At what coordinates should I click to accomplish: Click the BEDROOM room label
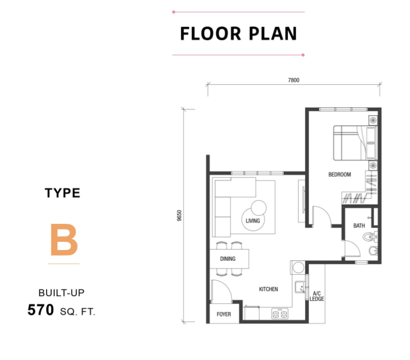(339, 174)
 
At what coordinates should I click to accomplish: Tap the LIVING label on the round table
(253, 221)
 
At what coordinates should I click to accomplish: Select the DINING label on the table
(227, 259)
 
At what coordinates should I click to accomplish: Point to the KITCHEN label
(268, 289)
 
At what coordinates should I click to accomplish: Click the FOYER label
(224, 314)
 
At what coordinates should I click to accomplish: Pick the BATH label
(359, 226)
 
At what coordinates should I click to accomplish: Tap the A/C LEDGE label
(316, 296)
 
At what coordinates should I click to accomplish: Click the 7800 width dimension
(293, 80)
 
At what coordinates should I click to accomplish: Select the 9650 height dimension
(179, 216)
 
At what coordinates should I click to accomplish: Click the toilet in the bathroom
(370, 237)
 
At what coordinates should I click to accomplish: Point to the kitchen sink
(300, 287)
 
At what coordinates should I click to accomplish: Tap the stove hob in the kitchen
(280, 313)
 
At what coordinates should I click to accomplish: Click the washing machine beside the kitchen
(298, 267)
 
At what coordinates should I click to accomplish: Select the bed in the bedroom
(355, 143)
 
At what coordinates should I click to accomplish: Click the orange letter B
(64, 239)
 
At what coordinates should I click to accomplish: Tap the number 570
(40, 310)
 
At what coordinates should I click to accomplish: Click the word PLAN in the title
(272, 33)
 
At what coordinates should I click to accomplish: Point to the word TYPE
(62, 193)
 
